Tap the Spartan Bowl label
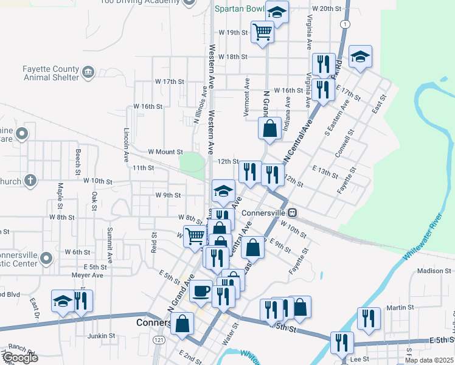240,9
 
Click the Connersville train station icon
293,213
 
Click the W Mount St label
165,151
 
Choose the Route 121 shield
158,339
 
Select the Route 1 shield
345,24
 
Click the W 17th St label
169,81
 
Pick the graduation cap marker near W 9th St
223,191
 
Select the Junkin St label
101,335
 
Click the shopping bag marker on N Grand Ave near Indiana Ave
269,129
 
